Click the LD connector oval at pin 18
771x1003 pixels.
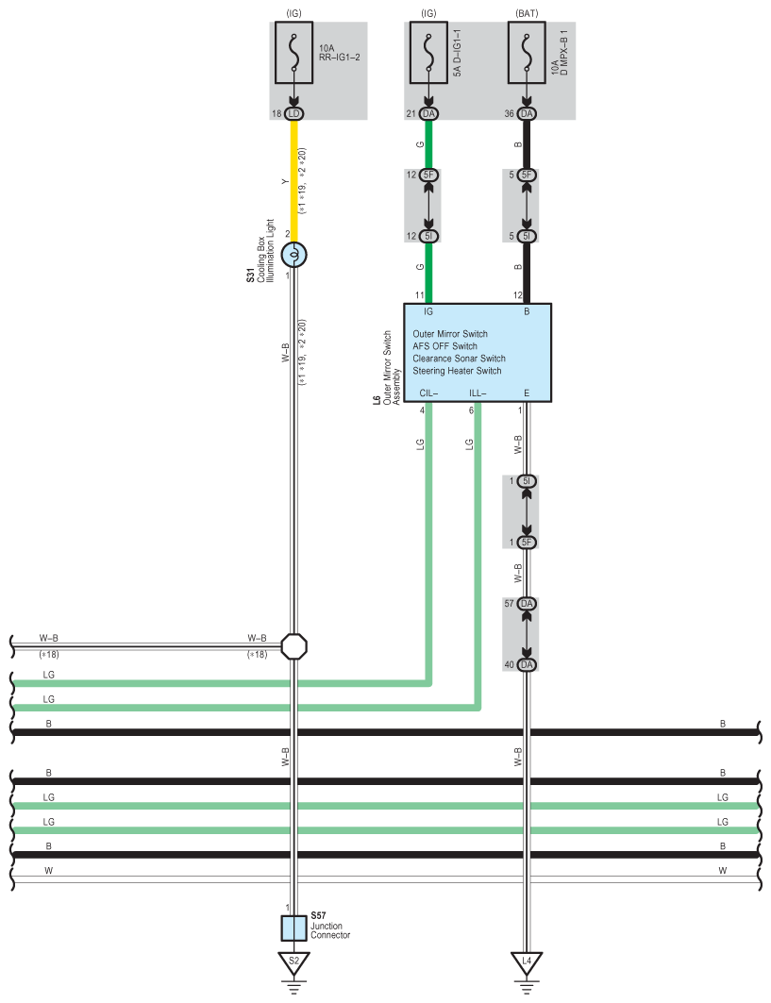[294, 114]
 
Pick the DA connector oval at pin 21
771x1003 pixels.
[429, 114]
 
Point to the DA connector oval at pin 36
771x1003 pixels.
[527, 114]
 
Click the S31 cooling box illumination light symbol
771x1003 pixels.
[294, 254]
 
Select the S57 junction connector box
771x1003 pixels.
[294, 928]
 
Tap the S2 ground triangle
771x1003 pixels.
[294, 961]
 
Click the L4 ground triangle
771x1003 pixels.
[527, 961]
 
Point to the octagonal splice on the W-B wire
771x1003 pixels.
[294, 646]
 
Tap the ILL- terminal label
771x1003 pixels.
[478, 393]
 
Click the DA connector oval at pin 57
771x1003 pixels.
[527, 603]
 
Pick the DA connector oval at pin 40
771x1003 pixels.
[527, 665]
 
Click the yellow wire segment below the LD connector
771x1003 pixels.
[294, 179]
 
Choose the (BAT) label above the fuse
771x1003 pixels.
[527, 12]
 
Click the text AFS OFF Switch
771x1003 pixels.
[444, 346]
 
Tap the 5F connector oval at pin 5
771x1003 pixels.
[527, 175]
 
